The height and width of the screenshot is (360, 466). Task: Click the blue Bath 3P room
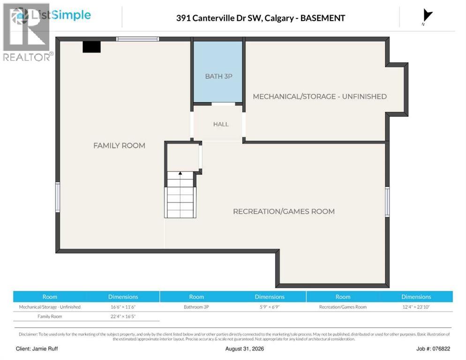click(x=218, y=71)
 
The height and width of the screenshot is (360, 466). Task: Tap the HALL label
click(x=221, y=124)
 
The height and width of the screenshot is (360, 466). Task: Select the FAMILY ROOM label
click(x=119, y=145)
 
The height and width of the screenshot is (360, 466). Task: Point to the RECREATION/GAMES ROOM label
click(x=284, y=211)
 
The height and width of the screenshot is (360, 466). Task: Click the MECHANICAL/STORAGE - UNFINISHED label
click(x=320, y=96)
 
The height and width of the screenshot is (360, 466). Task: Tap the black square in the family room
click(x=91, y=47)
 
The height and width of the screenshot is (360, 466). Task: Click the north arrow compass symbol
click(x=427, y=16)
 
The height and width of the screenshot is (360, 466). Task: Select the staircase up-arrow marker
click(x=180, y=173)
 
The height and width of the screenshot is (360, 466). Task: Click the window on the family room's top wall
click(x=138, y=39)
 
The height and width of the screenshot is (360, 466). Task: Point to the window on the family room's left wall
click(x=58, y=197)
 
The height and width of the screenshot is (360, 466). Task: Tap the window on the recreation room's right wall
click(x=387, y=202)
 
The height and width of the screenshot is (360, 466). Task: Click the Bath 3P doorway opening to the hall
click(x=223, y=104)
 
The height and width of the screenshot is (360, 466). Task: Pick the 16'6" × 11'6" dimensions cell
click(x=123, y=307)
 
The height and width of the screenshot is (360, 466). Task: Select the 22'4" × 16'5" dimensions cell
click(x=123, y=316)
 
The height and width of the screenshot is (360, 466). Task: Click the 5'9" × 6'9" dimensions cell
click(x=270, y=307)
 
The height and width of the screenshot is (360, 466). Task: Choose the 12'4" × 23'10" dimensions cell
click(x=416, y=307)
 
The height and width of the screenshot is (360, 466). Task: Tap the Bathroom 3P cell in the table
click(x=196, y=307)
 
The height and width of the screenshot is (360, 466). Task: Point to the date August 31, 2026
click(x=245, y=349)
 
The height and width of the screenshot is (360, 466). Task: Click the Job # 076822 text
click(x=433, y=349)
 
